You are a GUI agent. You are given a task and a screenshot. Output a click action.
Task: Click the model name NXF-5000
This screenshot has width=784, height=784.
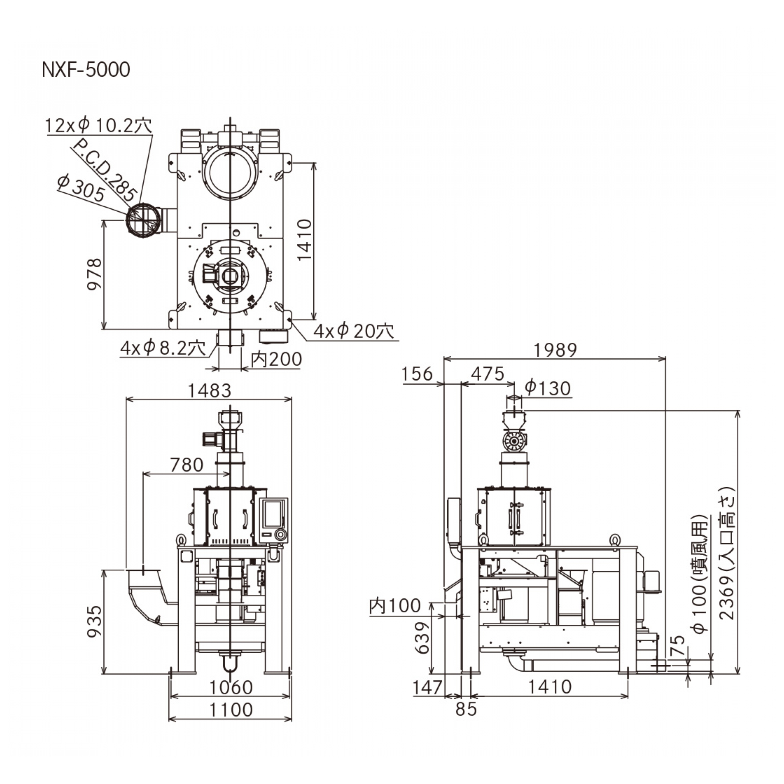point(86,70)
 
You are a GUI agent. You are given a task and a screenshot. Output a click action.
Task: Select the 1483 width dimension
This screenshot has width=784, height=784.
point(209,391)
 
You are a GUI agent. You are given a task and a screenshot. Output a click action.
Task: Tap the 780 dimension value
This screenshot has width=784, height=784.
point(187,465)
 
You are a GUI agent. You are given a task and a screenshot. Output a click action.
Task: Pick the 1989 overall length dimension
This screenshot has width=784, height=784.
point(555,350)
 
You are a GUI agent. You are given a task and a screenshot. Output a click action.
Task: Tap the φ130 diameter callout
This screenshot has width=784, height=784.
point(548,388)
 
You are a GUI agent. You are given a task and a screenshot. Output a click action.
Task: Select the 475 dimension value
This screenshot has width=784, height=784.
point(487,374)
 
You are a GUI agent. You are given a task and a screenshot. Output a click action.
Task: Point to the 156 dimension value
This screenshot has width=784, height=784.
point(417,374)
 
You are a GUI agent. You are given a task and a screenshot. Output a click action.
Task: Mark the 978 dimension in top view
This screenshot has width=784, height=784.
point(95,274)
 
